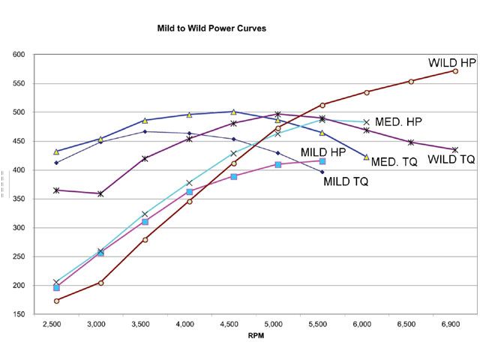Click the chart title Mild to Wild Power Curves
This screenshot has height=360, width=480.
pyautogui.click(x=211, y=28)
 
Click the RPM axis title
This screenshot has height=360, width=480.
pyautogui.click(x=256, y=336)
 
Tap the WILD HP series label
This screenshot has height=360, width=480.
pyautogui.click(x=452, y=62)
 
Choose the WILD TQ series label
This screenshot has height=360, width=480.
pyautogui.click(x=451, y=160)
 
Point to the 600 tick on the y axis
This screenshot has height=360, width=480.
pyautogui.click(x=19, y=55)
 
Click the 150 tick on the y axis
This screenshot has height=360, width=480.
pyautogui.click(x=19, y=314)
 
